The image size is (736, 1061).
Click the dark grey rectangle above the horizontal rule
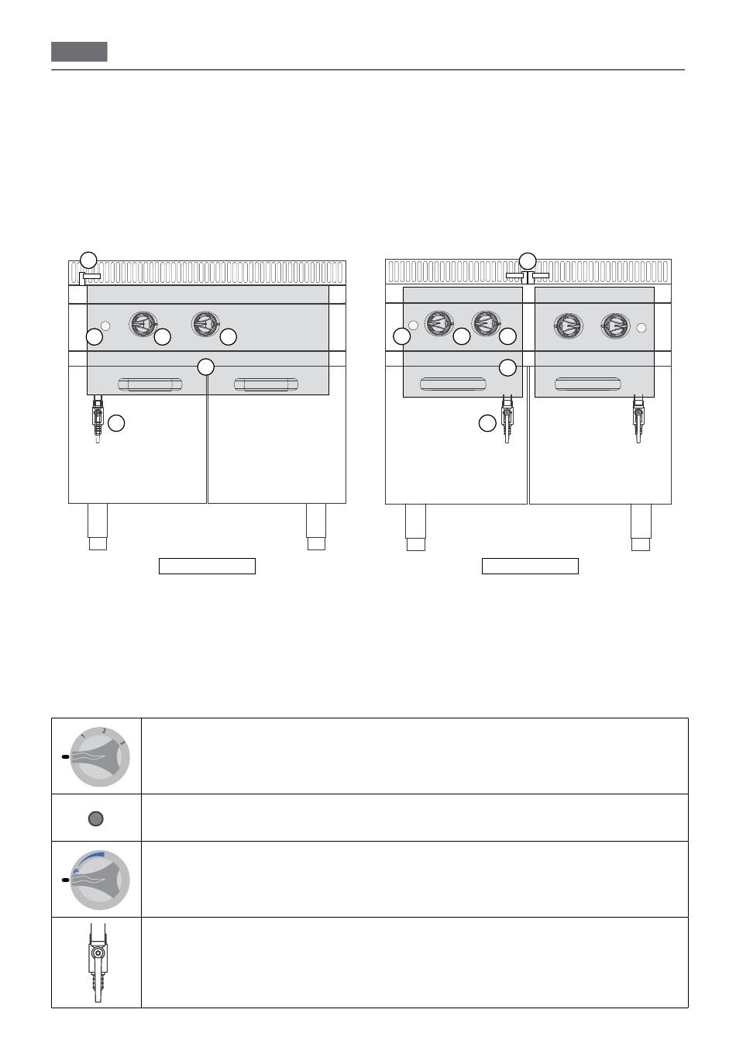(79, 52)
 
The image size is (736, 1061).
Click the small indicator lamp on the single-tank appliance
(105, 326)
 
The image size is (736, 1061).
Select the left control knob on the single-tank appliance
(143, 324)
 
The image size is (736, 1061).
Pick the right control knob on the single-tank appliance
(205, 324)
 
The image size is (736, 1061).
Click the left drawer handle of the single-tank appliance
(150, 384)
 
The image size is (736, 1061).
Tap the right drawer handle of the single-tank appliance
(267, 384)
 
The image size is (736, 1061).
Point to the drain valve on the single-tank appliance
(98, 419)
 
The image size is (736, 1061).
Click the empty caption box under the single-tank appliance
(207, 566)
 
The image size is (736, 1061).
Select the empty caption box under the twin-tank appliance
(530, 566)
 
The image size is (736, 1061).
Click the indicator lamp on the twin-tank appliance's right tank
(641, 328)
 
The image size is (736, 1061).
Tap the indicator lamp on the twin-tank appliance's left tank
(413, 326)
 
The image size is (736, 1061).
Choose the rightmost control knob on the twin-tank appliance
(615, 326)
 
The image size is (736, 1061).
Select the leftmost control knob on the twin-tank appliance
(439, 323)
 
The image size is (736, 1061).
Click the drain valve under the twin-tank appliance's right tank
(638, 419)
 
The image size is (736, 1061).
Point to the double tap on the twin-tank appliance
(528, 277)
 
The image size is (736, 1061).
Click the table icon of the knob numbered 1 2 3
(98, 757)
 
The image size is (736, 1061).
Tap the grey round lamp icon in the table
(96, 818)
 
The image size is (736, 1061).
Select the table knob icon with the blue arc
(98, 880)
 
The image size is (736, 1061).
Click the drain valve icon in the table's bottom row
(98, 962)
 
